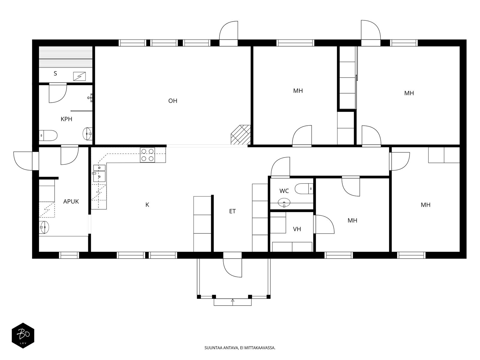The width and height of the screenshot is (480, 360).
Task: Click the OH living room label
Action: pyautogui.click(x=172, y=101)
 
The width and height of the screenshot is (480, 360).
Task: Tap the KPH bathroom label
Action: pyautogui.click(x=66, y=119)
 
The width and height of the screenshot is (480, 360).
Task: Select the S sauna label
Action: pyautogui.click(x=55, y=73)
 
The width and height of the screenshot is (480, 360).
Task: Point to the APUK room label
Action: pyautogui.click(x=71, y=201)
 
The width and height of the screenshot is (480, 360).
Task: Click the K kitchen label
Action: pyautogui.click(x=147, y=205)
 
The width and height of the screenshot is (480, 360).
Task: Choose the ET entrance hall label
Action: pyautogui.click(x=232, y=211)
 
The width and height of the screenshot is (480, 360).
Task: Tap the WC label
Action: pyautogui.click(x=284, y=191)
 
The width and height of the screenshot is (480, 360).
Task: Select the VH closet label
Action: pyautogui.click(x=297, y=229)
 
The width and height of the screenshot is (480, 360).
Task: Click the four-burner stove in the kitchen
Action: pyautogui.click(x=147, y=155)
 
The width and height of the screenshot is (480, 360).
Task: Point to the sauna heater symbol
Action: pyautogui.click(x=79, y=76)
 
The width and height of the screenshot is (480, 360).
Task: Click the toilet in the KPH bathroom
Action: pyautogui.click(x=48, y=136)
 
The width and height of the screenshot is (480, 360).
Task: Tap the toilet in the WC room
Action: pyautogui.click(x=304, y=189)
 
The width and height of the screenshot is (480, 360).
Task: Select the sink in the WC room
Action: pyautogui.click(x=284, y=202)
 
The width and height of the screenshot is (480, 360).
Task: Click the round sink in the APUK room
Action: pyautogui.click(x=44, y=227)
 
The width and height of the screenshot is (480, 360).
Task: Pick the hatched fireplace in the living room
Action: pyautogui.click(x=241, y=135)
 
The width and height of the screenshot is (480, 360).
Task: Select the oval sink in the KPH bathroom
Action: pyautogui.click(x=88, y=133)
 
